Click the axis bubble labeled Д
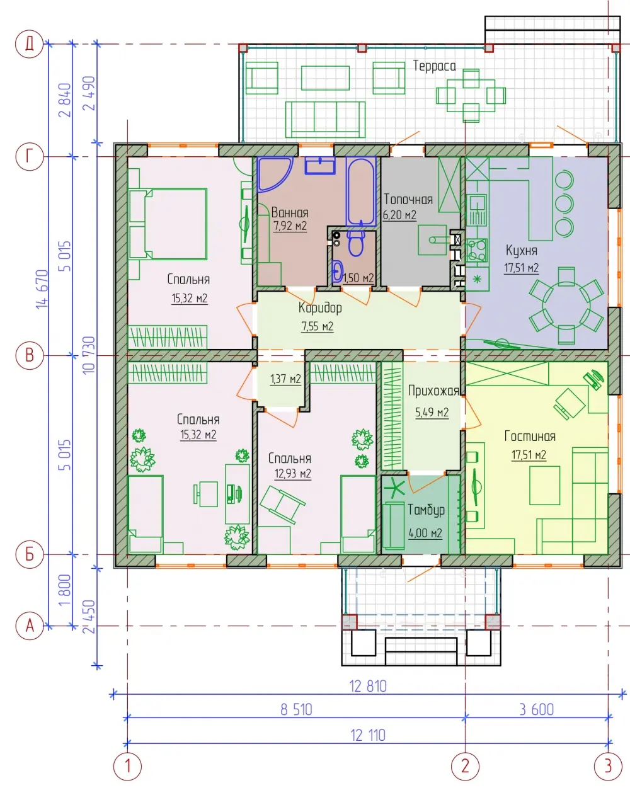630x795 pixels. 30,44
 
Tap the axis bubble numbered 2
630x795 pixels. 465,766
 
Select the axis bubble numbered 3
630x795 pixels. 608,766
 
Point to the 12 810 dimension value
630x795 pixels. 368,687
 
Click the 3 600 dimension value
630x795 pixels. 537,710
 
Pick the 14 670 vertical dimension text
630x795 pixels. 42,289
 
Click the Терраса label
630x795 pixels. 435,66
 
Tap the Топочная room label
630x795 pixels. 408,200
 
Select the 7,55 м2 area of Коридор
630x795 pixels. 318,326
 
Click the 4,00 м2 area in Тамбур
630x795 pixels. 425,534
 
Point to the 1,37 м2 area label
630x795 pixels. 285,379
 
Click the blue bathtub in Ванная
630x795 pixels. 361,191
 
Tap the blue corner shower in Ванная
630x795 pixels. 275,174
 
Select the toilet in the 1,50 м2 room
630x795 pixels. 356,243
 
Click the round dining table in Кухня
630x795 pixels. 566,306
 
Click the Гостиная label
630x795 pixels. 530,437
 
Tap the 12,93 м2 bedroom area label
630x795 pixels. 293,474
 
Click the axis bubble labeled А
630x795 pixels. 30,626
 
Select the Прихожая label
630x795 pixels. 433,391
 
